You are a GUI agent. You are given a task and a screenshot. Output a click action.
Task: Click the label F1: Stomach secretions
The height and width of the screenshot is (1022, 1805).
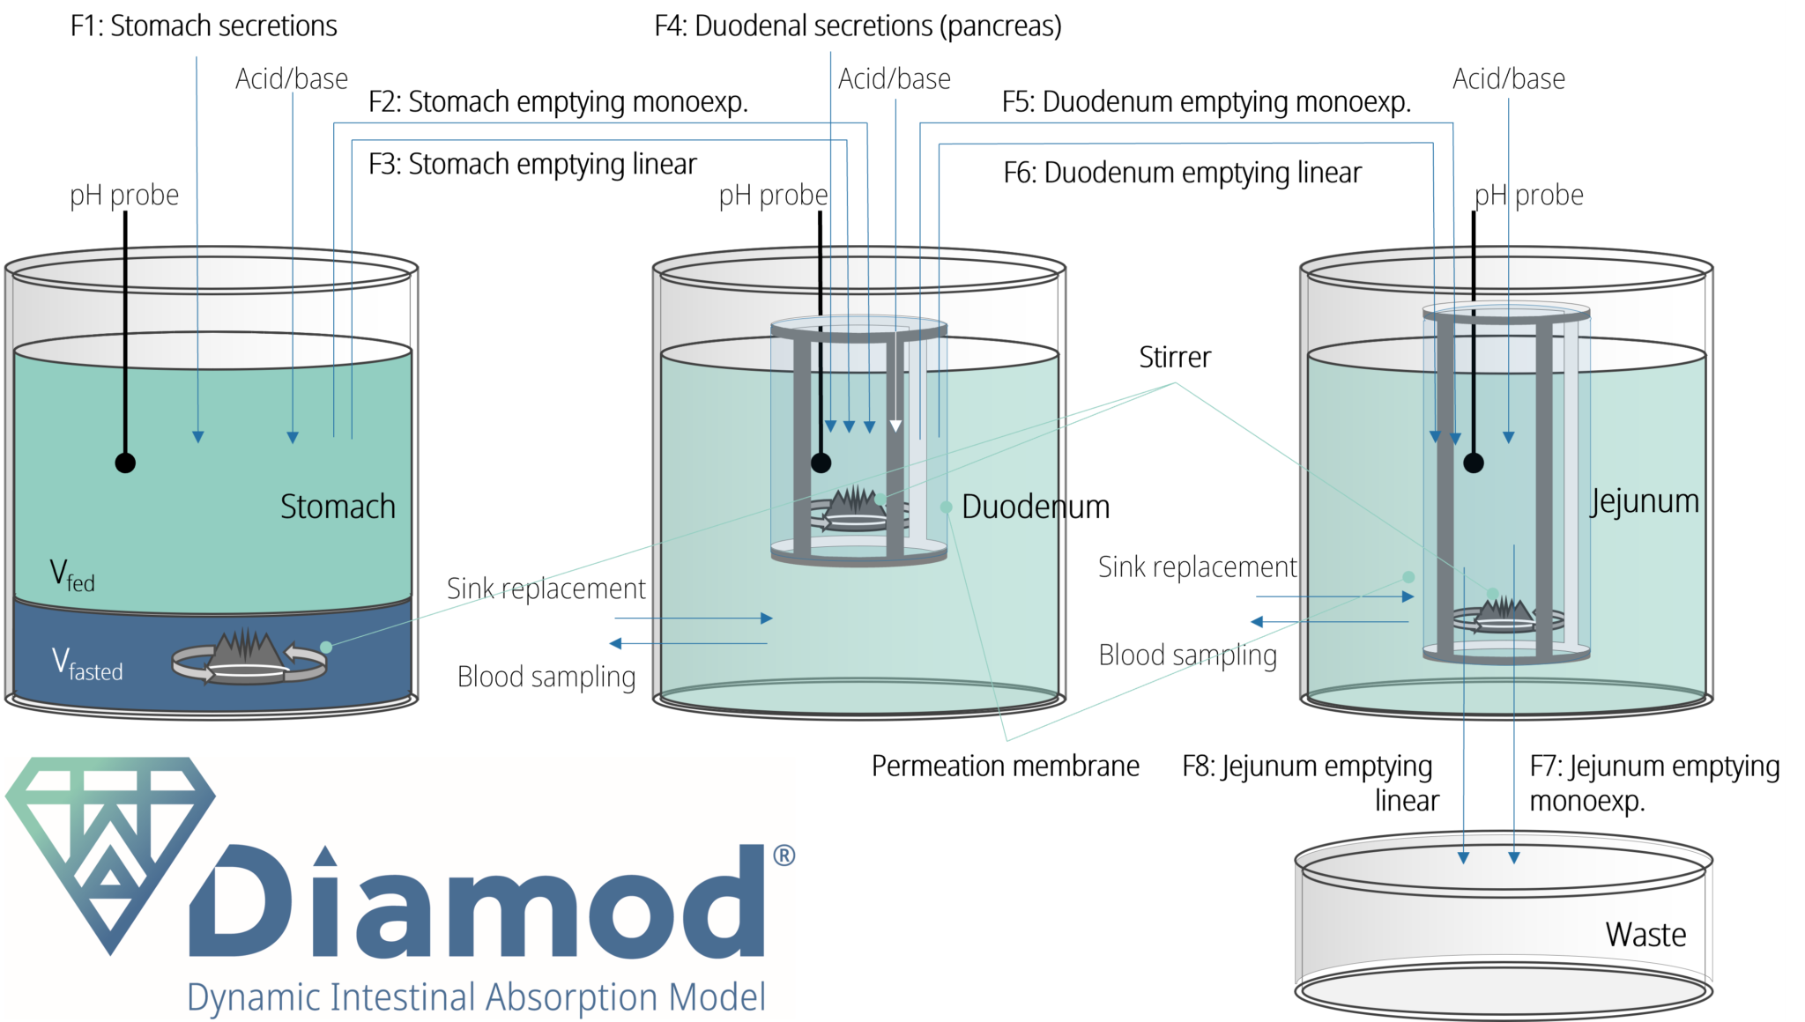click(x=204, y=26)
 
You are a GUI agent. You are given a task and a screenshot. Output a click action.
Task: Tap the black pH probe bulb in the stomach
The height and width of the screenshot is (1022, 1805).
click(x=125, y=463)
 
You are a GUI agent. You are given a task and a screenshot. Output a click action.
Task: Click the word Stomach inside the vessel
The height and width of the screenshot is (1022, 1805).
click(x=338, y=507)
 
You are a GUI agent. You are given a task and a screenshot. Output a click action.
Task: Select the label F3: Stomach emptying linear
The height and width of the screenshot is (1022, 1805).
click(x=532, y=165)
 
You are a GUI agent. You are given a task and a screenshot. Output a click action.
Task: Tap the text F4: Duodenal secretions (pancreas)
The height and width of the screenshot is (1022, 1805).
click(x=858, y=26)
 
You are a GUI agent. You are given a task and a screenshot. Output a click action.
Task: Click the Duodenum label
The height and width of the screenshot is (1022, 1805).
click(x=1036, y=507)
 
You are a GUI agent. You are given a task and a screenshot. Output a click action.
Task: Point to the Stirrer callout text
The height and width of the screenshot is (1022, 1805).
click(x=1175, y=357)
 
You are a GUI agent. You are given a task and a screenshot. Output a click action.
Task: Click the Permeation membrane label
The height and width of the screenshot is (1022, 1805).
click(x=1005, y=766)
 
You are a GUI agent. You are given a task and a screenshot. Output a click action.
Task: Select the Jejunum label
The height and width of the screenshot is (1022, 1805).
click(x=1644, y=501)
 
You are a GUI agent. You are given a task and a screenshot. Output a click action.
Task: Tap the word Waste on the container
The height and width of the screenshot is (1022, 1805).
click(x=1645, y=934)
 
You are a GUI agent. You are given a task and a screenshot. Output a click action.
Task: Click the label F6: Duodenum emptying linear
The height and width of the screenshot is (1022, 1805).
click(x=1182, y=173)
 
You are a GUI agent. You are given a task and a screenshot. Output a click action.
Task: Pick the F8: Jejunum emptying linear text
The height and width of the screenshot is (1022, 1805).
click(x=1309, y=782)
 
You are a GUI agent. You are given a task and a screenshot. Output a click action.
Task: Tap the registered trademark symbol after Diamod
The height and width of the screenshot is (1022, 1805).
click(x=784, y=855)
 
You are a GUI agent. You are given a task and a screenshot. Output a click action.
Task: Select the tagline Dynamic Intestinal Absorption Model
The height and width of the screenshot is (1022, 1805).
click(x=476, y=996)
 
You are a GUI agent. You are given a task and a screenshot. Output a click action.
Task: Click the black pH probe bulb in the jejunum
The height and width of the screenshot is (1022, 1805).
click(x=1474, y=463)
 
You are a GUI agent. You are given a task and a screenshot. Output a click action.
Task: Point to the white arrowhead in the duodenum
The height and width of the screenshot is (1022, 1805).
click(x=895, y=426)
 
